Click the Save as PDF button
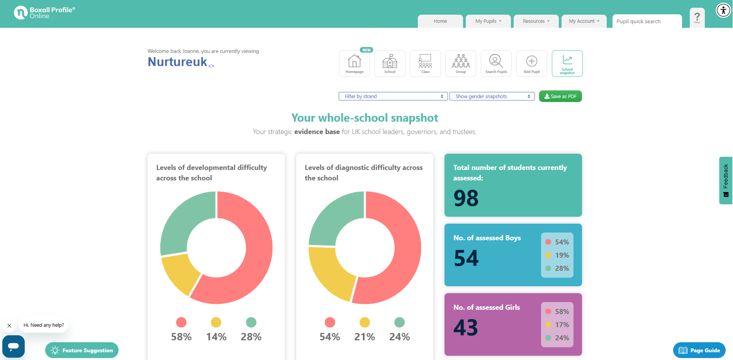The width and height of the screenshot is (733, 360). click(x=560, y=96)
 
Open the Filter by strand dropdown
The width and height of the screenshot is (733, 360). click(x=393, y=96)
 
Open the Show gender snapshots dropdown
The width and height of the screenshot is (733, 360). click(x=492, y=96)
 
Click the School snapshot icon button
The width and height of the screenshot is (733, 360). click(x=567, y=63)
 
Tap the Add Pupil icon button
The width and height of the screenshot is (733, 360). click(x=532, y=63)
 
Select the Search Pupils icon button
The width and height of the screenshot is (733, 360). click(x=496, y=63)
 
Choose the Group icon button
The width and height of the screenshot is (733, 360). click(x=461, y=63)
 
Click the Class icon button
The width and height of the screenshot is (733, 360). click(x=425, y=63)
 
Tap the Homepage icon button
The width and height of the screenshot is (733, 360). click(x=355, y=63)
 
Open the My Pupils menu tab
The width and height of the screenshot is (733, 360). click(x=488, y=21)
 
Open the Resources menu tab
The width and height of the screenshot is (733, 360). click(x=536, y=21)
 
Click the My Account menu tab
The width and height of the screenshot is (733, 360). click(x=584, y=21)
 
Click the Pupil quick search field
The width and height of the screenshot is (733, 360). click(x=647, y=21)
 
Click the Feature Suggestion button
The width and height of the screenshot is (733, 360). click(x=82, y=350)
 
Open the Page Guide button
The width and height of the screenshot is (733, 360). click(x=699, y=350)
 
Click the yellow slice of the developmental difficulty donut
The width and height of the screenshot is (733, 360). click(x=179, y=273)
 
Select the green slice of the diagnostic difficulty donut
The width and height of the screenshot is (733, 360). click(x=334, y=218)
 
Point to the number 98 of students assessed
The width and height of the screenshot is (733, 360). click(x=466, y=198)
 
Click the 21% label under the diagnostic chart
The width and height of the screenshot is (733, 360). click(x=365, y=337)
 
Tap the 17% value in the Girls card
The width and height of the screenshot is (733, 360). click(x=562, y=325)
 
